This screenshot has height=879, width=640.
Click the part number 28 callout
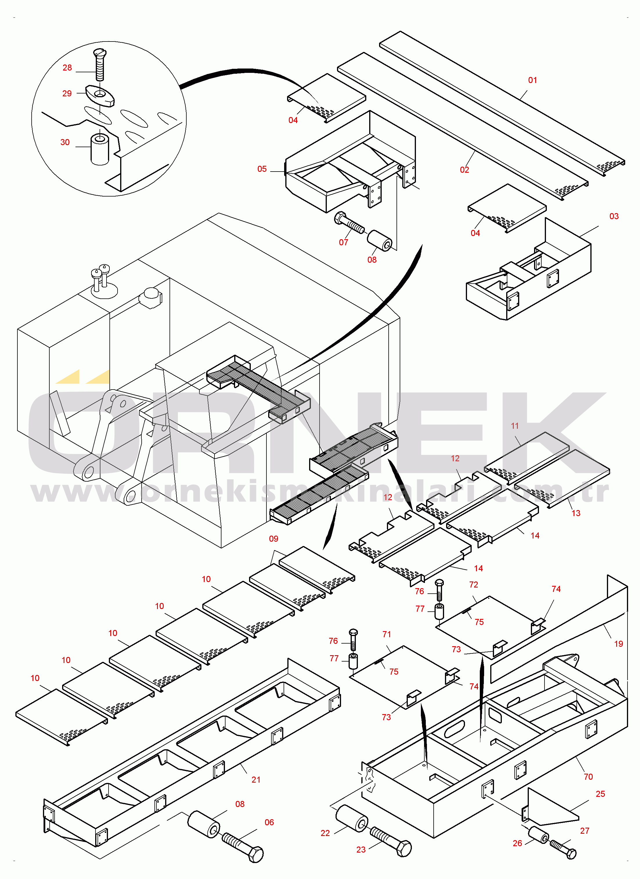[67, 68]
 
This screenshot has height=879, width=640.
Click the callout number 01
[532, 80]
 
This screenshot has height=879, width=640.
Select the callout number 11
[515, 426]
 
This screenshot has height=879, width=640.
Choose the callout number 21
[256, 780]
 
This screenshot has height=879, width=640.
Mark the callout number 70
[588, 777]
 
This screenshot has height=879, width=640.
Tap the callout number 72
[473, 584]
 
